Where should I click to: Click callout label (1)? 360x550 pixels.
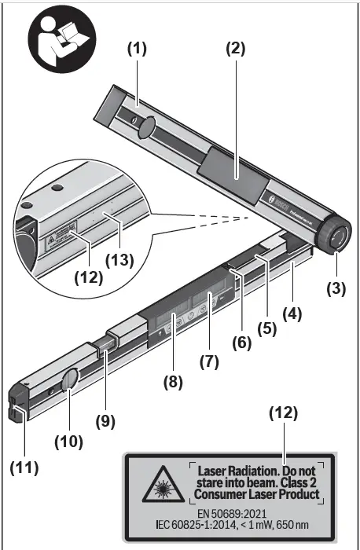point(138,47)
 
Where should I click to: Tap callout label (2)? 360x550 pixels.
point(235,47)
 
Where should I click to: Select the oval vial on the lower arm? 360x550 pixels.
point(70,379)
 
